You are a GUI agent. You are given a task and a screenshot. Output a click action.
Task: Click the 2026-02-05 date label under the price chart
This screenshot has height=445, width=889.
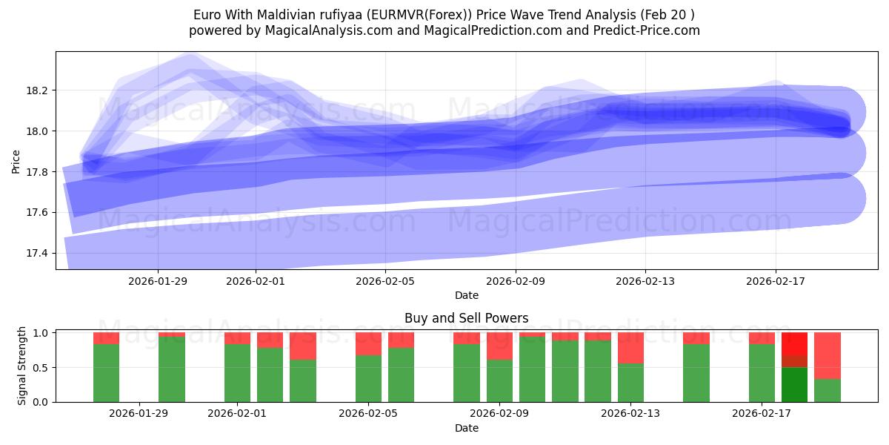coord(385,281)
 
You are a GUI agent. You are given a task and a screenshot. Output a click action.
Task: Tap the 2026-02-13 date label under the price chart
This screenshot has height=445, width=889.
coord(645,281)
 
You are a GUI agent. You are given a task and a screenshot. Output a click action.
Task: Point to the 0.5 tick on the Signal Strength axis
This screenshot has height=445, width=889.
coord(41,368)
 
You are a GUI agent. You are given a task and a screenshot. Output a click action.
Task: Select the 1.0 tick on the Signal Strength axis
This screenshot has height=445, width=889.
coord(41,333)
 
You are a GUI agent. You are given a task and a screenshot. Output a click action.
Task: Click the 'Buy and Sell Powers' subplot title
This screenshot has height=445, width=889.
coord(466,318)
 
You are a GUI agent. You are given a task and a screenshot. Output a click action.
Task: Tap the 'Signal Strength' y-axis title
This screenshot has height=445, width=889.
coord(22,366)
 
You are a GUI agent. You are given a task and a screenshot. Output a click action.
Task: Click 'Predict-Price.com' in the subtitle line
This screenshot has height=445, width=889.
coord(647,30)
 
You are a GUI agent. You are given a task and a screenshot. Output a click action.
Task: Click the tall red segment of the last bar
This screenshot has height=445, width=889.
coord(827,356)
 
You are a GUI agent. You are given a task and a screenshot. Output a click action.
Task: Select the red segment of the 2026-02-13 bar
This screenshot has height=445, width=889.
coord(630,348)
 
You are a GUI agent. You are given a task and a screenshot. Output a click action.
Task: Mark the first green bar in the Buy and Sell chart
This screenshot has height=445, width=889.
coord(106,373)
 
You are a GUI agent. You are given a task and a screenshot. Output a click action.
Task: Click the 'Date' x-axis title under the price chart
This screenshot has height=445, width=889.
coord(466,295)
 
